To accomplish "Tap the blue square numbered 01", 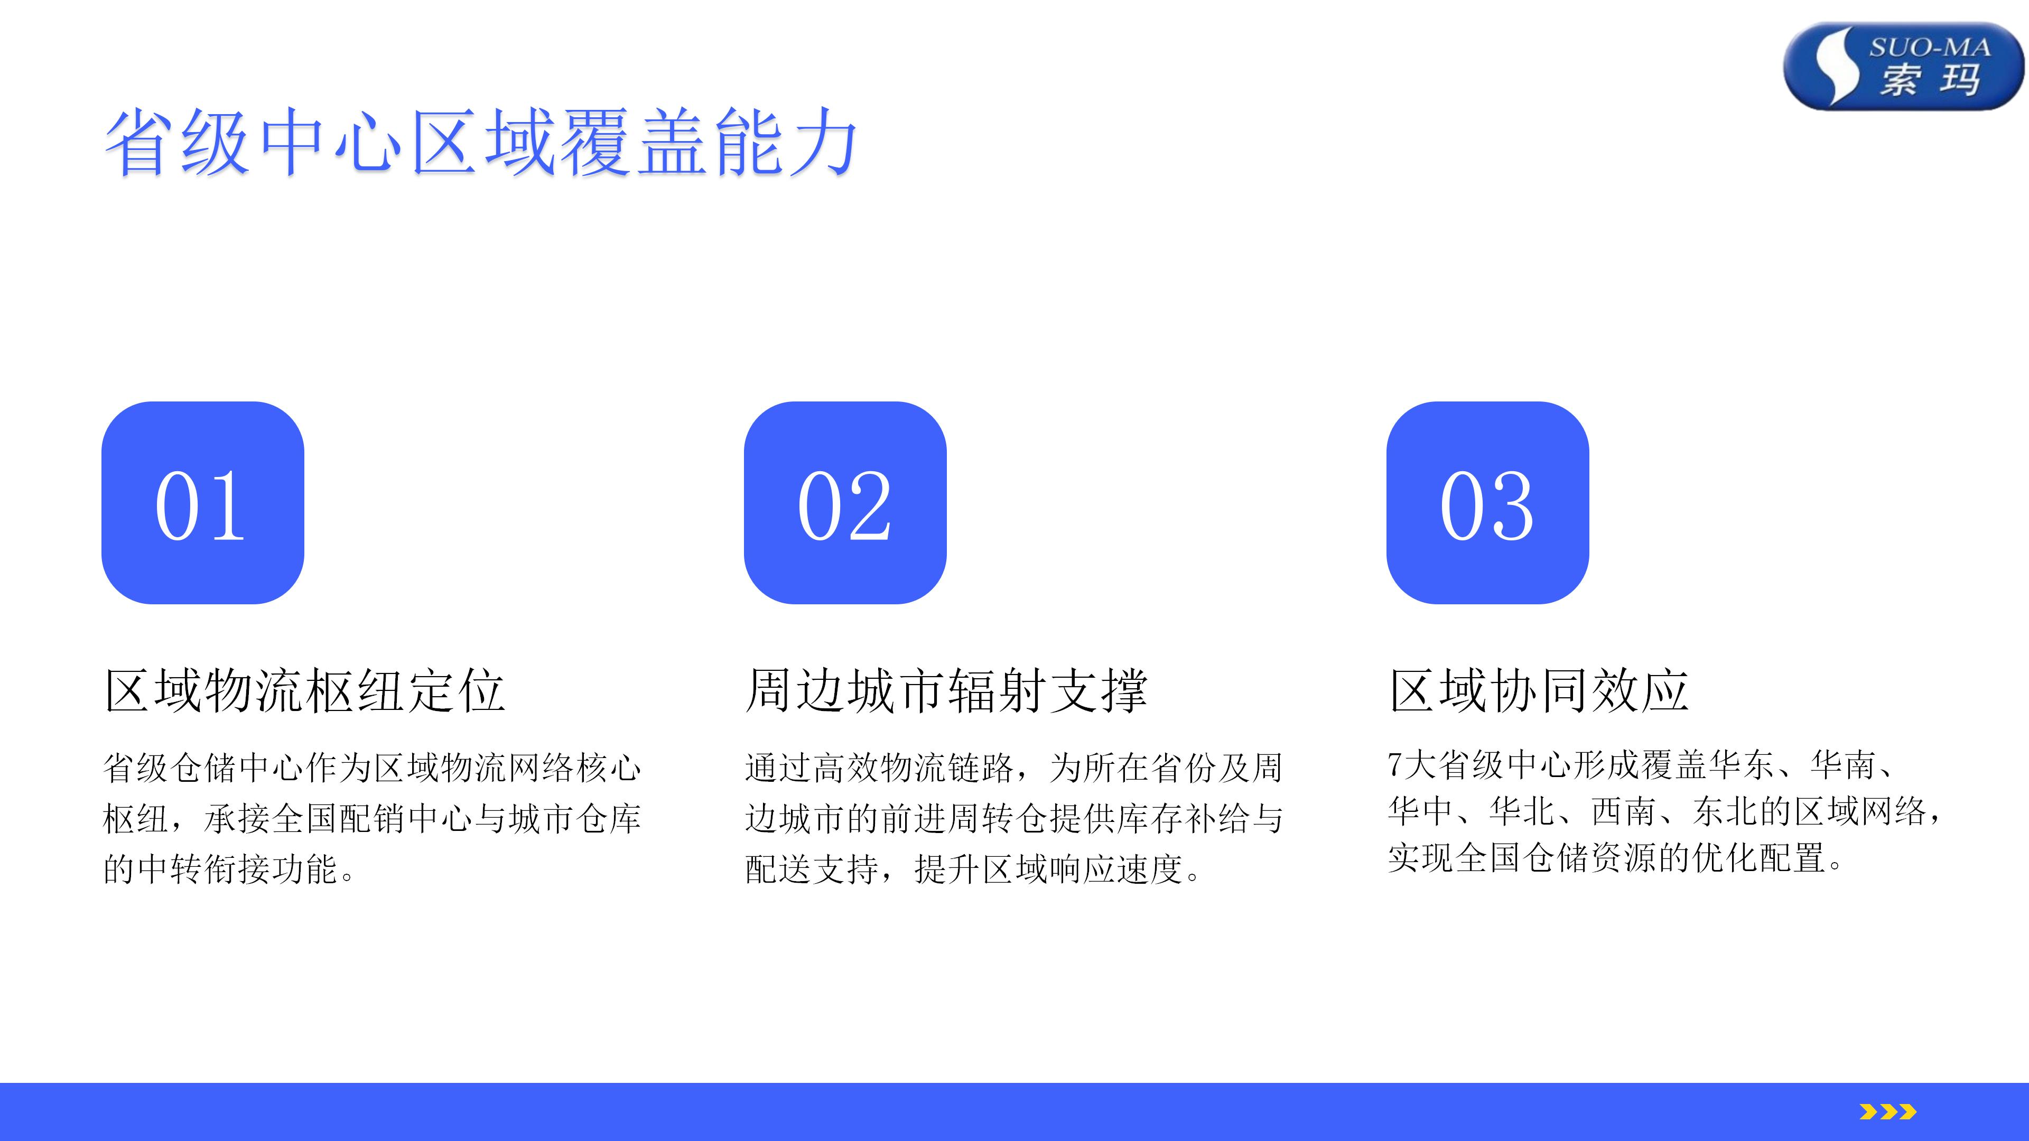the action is click(202, 503).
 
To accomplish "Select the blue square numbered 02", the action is click(845, 503).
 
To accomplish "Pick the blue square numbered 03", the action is click(1488, 503).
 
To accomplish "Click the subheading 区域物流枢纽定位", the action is click(305, 690).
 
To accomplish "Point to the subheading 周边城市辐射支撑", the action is click(947, 690).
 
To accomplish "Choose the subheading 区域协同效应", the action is click(1539, 690).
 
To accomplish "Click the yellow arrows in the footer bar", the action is click(1887, 1112).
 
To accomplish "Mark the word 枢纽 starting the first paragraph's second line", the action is click(136, 819).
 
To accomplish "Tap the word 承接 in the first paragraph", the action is click(237, 819).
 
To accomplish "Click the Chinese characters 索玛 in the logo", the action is click(1930, 80).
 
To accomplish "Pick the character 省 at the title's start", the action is click(139, 143).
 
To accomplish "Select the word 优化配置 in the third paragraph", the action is click(1760, 858).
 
